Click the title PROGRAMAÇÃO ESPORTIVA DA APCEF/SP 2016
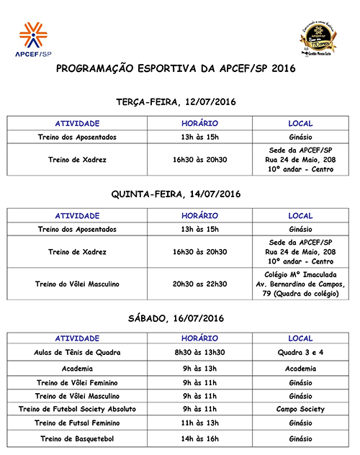pos(176,68)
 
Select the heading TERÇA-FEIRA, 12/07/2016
pos(176,102)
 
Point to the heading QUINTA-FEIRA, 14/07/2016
pos(176,194)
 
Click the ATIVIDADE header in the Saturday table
pos(77,338)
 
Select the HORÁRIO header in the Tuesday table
pos(199,123)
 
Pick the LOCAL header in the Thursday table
pos(300,215)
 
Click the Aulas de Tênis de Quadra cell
pos(77,353)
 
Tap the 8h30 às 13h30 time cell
pos(199,353)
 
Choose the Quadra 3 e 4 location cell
pos(300,353)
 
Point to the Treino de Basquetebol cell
pos(77,438)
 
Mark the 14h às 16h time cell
pos(199,438)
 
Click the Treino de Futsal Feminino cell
pos(77,423)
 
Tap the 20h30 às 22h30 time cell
pos(199,284)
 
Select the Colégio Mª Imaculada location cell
pos(300,284)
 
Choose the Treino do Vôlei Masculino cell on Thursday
pos(77,284)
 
